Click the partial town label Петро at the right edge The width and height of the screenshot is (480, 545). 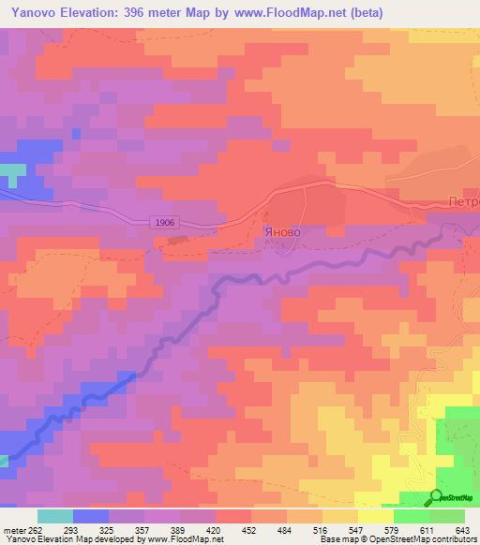[463, 201]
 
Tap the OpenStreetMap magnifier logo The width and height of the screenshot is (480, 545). [436, 496]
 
